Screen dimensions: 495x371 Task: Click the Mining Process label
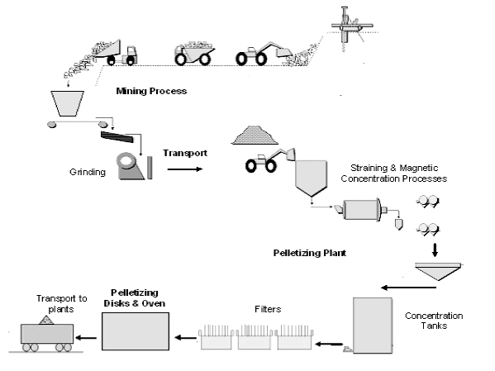pyautogui.click(x=151, y=91)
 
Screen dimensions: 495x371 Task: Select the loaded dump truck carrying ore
pyautogui.click(x=194, y=53)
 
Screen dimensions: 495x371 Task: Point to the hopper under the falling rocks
pyautogui.click(x=67, y=103)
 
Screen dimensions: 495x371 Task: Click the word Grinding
pyautogui.click(x=88, y=172)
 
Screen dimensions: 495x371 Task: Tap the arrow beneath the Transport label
pyautogui.click(x=184, y=169)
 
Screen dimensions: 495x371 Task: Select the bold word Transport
pyautogui.click(x=185, y=153)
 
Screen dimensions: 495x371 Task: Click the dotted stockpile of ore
pyautogui.click(x=255, y=136)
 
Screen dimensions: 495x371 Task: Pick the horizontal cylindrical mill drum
pyautogui.click(x=362, y=209)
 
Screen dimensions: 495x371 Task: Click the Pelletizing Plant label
pyautogui.click(x=310, y=253)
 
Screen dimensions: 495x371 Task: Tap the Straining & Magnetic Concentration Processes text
pyautogui.click(x=394, y=174)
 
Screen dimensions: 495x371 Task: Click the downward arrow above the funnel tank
pyautogui.click(x=435, y=250)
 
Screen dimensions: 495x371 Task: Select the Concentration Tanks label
pyautogui.click(x=434, y=321)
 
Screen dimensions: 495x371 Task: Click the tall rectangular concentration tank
pyautogui.click(x=373, y=326)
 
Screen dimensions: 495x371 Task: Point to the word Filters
pyautogui.click(x=268, y=309)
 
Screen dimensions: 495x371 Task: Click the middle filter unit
pyautogui.click(x=255, y=337)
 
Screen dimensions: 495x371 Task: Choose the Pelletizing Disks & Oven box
pyautogui.click(x=136, y=331)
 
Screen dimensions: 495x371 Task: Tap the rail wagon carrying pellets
pyautogui.click(x=47, y=335)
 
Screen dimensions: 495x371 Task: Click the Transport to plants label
pyautogui.click(x=61, y=303)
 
